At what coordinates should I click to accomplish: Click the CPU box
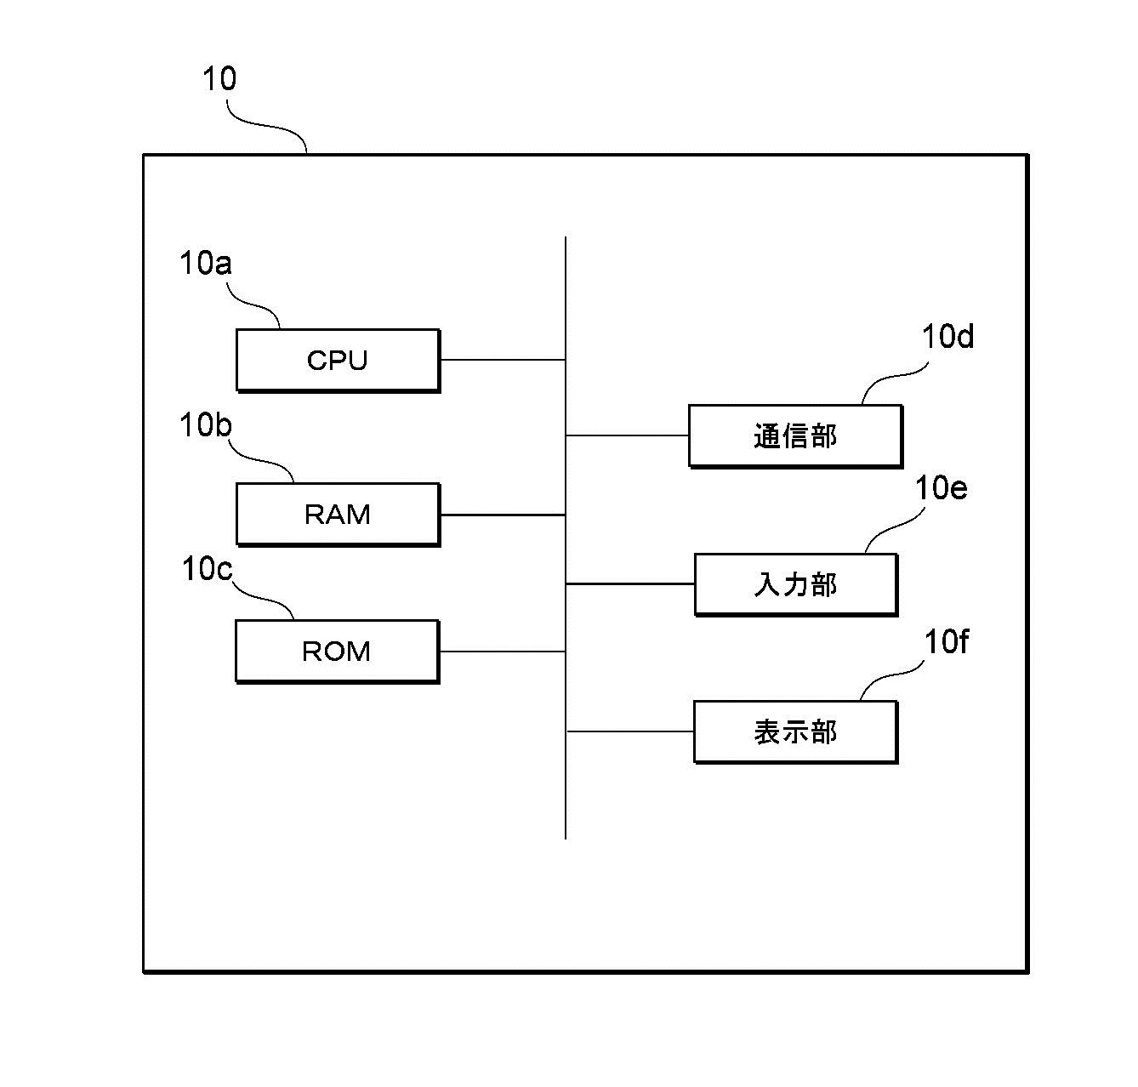point(338,360)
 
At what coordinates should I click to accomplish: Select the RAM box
point(338,515)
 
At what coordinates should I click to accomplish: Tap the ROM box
point(337,652)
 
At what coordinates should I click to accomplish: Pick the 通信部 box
point(795,436)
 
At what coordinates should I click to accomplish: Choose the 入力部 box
point(795,584)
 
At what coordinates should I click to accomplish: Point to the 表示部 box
point(795,731)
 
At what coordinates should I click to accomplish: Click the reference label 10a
point(205,264)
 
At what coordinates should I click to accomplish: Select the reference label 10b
point(205,424)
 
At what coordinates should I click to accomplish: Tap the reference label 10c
point(207,569)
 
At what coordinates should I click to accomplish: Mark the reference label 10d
point(947,338)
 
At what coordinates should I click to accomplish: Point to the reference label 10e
point(941,488)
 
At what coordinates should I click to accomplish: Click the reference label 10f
point(946,642)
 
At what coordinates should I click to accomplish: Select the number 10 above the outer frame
point(219,79)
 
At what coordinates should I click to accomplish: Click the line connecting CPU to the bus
point(503,360)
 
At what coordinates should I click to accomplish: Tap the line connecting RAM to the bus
point(503,515)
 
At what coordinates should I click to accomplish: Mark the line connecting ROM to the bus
point(502,652)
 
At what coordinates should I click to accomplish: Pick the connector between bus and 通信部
point(628,435)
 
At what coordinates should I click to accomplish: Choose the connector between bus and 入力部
point(630,584)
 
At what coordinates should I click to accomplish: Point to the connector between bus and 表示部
point(630,731)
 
